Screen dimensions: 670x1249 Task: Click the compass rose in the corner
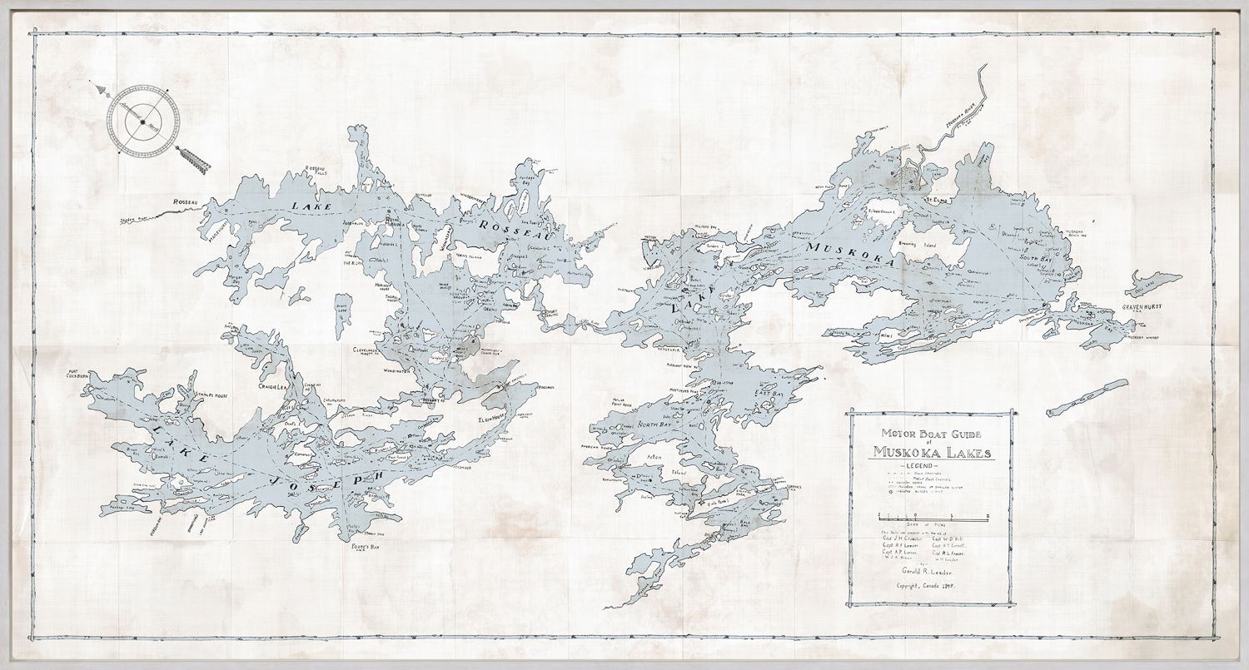tap(142, 122)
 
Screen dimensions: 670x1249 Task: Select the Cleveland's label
tap(366, 350)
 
